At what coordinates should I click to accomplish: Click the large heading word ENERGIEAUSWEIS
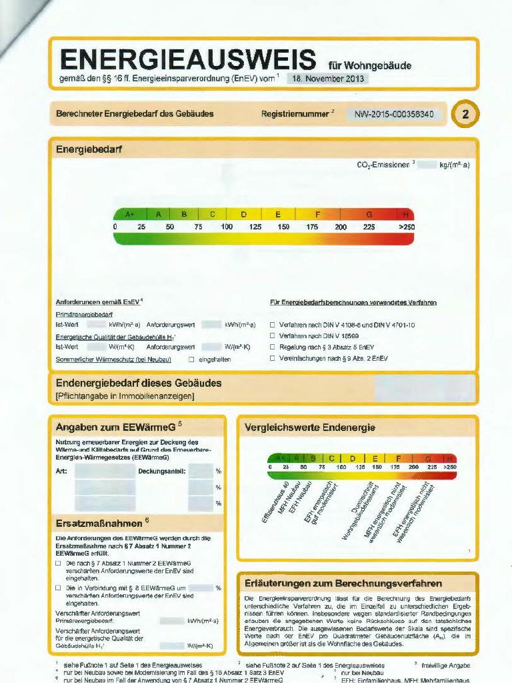188,59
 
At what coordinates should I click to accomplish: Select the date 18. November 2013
327,78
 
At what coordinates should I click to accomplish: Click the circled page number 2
465,114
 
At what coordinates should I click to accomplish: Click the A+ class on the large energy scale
130,215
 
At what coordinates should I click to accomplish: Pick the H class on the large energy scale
405,215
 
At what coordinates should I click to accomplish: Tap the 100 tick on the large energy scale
227,227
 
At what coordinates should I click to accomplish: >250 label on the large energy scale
406,227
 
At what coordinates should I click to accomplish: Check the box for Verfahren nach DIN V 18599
273,335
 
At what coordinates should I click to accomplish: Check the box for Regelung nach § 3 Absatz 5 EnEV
273,347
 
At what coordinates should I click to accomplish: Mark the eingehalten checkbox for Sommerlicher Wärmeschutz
191,359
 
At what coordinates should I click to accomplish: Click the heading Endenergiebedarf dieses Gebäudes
139,384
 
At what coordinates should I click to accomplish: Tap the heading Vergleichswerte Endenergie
310,427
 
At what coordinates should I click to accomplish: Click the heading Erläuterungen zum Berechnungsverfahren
343,583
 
